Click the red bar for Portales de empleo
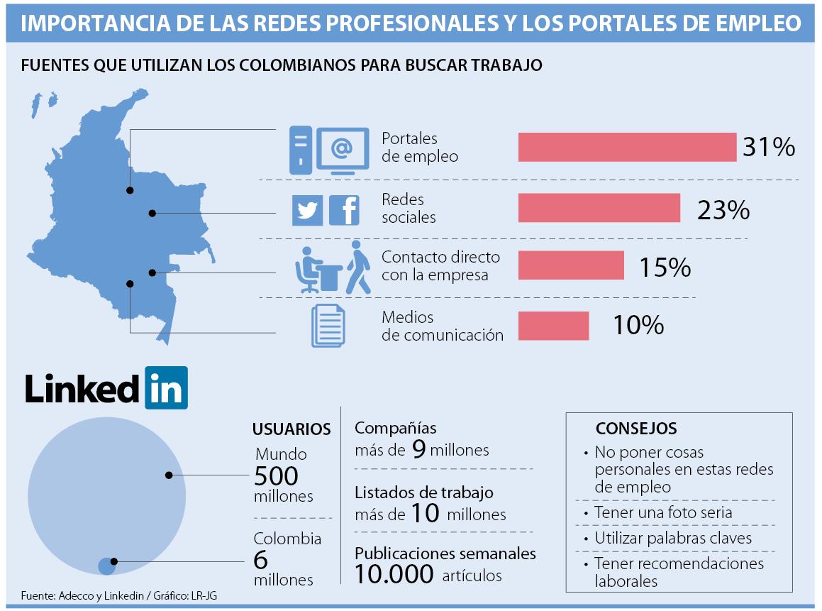[x=627, y=147]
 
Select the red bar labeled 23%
[x=599, y=208]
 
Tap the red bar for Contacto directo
[x=571, y=265]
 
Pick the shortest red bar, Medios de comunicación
[x=553, y=326]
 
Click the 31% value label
[x=768, y=148]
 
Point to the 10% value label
[x=638, y=325]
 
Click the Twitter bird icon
[x=308, y=211]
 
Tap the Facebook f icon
[x=344, y=211]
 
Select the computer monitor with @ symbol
[x=342, y=150]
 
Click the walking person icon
[x=358, y=268]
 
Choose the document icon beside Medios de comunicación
[x=328, y=326]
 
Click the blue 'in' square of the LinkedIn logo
[x=166, y=387]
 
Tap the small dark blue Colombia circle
[x=106, y=566]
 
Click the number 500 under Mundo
[x=276, y=475]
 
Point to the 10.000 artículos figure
[x=394, y=573]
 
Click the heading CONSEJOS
[x=635, y=429]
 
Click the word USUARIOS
[x=291, y=429]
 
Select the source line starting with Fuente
[x=119, y=595]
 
